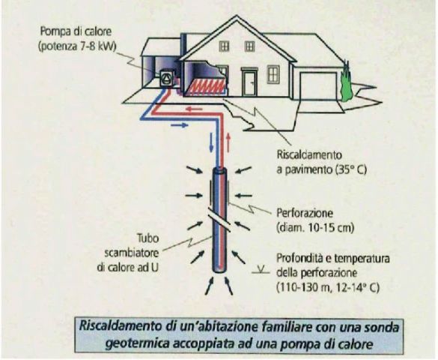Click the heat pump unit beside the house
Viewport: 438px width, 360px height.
[167, 78]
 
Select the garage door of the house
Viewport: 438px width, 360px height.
[318, 85]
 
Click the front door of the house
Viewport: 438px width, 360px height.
[249, 83]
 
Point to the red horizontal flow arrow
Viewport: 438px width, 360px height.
[195, 109]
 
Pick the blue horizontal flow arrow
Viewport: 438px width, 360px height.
[179, 125]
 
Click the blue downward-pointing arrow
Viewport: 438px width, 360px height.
[211, 142]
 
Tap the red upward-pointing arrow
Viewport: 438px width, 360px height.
[228, 142]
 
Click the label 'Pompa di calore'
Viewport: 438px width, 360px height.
[76, 31]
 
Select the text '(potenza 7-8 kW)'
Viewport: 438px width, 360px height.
[77, 46]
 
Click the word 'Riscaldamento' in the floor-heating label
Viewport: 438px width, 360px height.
[309, 154]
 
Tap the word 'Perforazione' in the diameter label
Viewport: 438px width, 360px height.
[305, 214]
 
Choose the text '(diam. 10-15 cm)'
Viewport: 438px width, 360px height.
[315, 228]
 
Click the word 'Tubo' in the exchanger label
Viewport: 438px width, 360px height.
[148, 238]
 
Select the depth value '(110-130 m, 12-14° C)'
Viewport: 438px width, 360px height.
[328, 287]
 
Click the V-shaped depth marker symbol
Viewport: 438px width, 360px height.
[261, 270]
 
